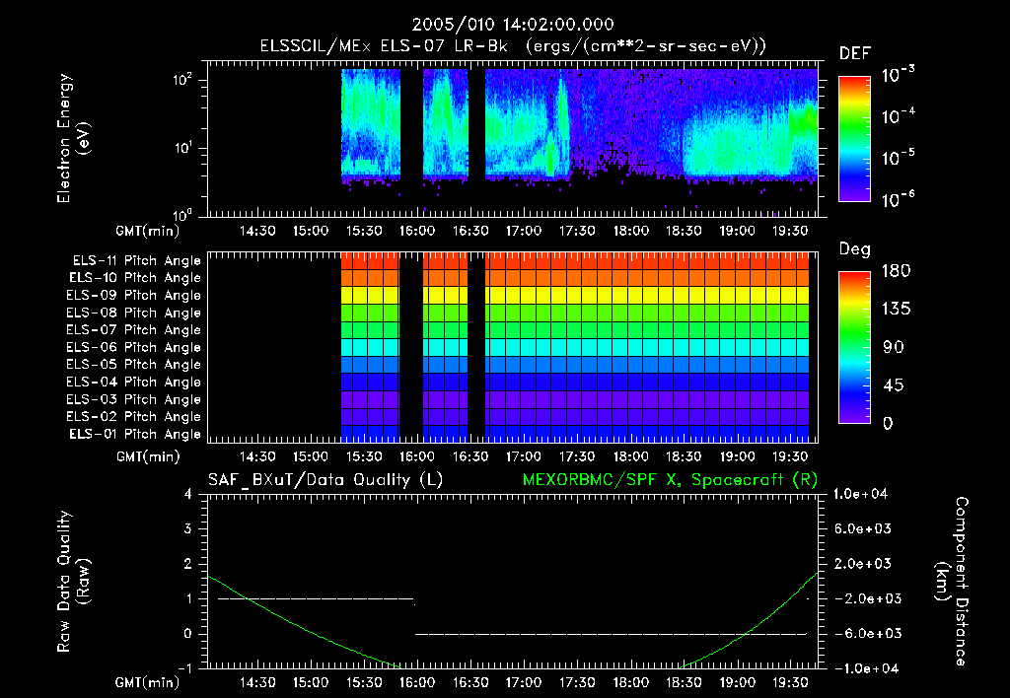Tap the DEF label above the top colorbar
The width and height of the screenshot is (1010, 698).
[x=854, y=54]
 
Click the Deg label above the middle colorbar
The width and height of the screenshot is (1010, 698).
[x=854, y=249]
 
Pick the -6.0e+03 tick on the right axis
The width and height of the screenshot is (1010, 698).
[x=862, y=633]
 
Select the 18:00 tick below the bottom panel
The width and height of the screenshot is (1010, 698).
[x=630, y=682]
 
